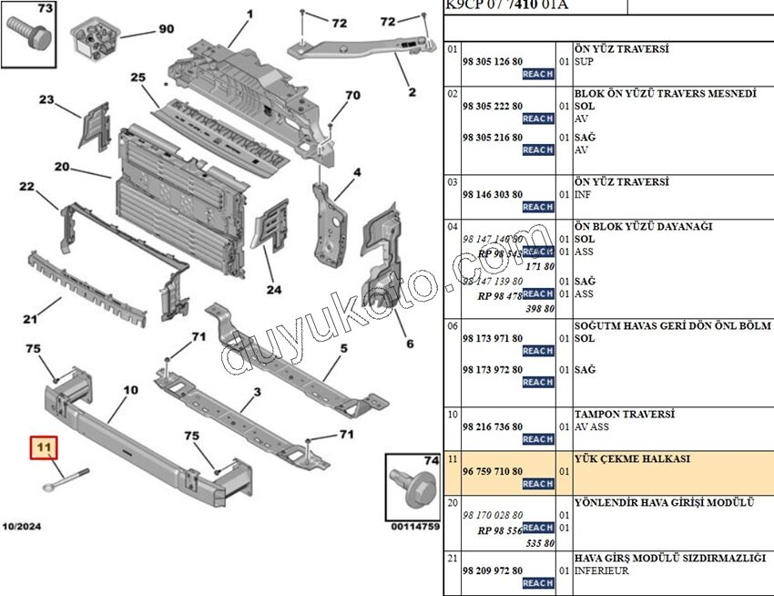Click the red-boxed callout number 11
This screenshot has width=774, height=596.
click(43, 447)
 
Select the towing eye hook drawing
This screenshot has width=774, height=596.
click(62, 480)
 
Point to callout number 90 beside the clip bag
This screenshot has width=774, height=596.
click(166, 29)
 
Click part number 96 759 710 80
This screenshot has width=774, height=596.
click(493, 471)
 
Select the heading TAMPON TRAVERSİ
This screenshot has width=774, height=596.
click(624, 414)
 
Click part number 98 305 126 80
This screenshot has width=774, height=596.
click(493, 61)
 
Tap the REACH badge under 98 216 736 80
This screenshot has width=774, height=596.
click(538, 439)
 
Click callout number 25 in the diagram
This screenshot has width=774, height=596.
click(138, 78)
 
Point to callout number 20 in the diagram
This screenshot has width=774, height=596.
click(62, 167)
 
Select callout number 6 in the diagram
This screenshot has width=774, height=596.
click(410, 344)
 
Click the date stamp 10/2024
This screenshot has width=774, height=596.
click(21, 527)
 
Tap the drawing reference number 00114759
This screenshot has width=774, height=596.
click(415, 527)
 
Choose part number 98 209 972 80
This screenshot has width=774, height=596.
click(493, 570)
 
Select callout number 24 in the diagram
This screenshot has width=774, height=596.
click(274, 291)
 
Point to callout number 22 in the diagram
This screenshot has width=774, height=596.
click(27, 188)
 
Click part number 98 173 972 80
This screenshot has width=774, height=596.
click(493, 369)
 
